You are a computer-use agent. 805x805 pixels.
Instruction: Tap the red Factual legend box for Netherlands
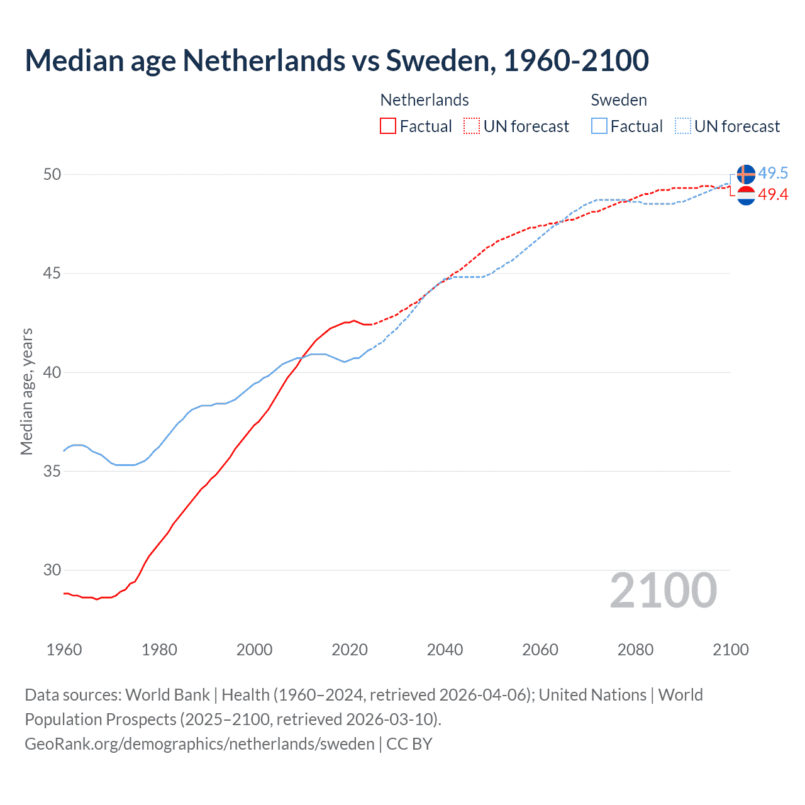click(388, 126)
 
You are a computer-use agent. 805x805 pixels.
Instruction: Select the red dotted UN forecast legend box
click(472, 126)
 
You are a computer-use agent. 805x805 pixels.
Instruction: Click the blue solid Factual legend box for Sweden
click(599, 126)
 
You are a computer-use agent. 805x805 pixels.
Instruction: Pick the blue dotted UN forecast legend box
click(683, 126)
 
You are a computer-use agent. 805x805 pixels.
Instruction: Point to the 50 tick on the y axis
click(52, 174)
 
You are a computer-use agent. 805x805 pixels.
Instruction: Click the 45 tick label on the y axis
click(52, 274)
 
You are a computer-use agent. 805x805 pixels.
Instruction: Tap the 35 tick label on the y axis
click(52, 471)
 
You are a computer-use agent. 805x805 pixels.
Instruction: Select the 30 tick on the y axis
click(52, 570)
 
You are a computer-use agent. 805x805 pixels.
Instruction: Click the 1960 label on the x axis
click(64, 650)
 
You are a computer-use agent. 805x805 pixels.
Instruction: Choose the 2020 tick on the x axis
click(350, 650)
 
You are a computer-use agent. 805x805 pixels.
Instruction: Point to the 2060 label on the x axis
click(540, 650)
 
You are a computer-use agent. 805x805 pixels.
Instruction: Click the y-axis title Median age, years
click(26, 391)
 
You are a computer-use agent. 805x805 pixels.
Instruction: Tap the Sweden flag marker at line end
click(746, 174)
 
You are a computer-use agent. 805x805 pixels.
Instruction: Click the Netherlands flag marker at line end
click(746, 196)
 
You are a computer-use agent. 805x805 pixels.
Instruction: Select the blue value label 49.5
click(773, 173)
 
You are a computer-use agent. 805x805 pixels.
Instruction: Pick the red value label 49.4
click(773, 195)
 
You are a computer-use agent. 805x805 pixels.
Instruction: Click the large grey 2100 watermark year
click(663, 591)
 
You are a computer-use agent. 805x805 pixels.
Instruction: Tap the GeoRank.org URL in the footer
click(199, 744)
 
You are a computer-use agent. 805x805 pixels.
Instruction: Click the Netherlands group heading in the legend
click(425, 100)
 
